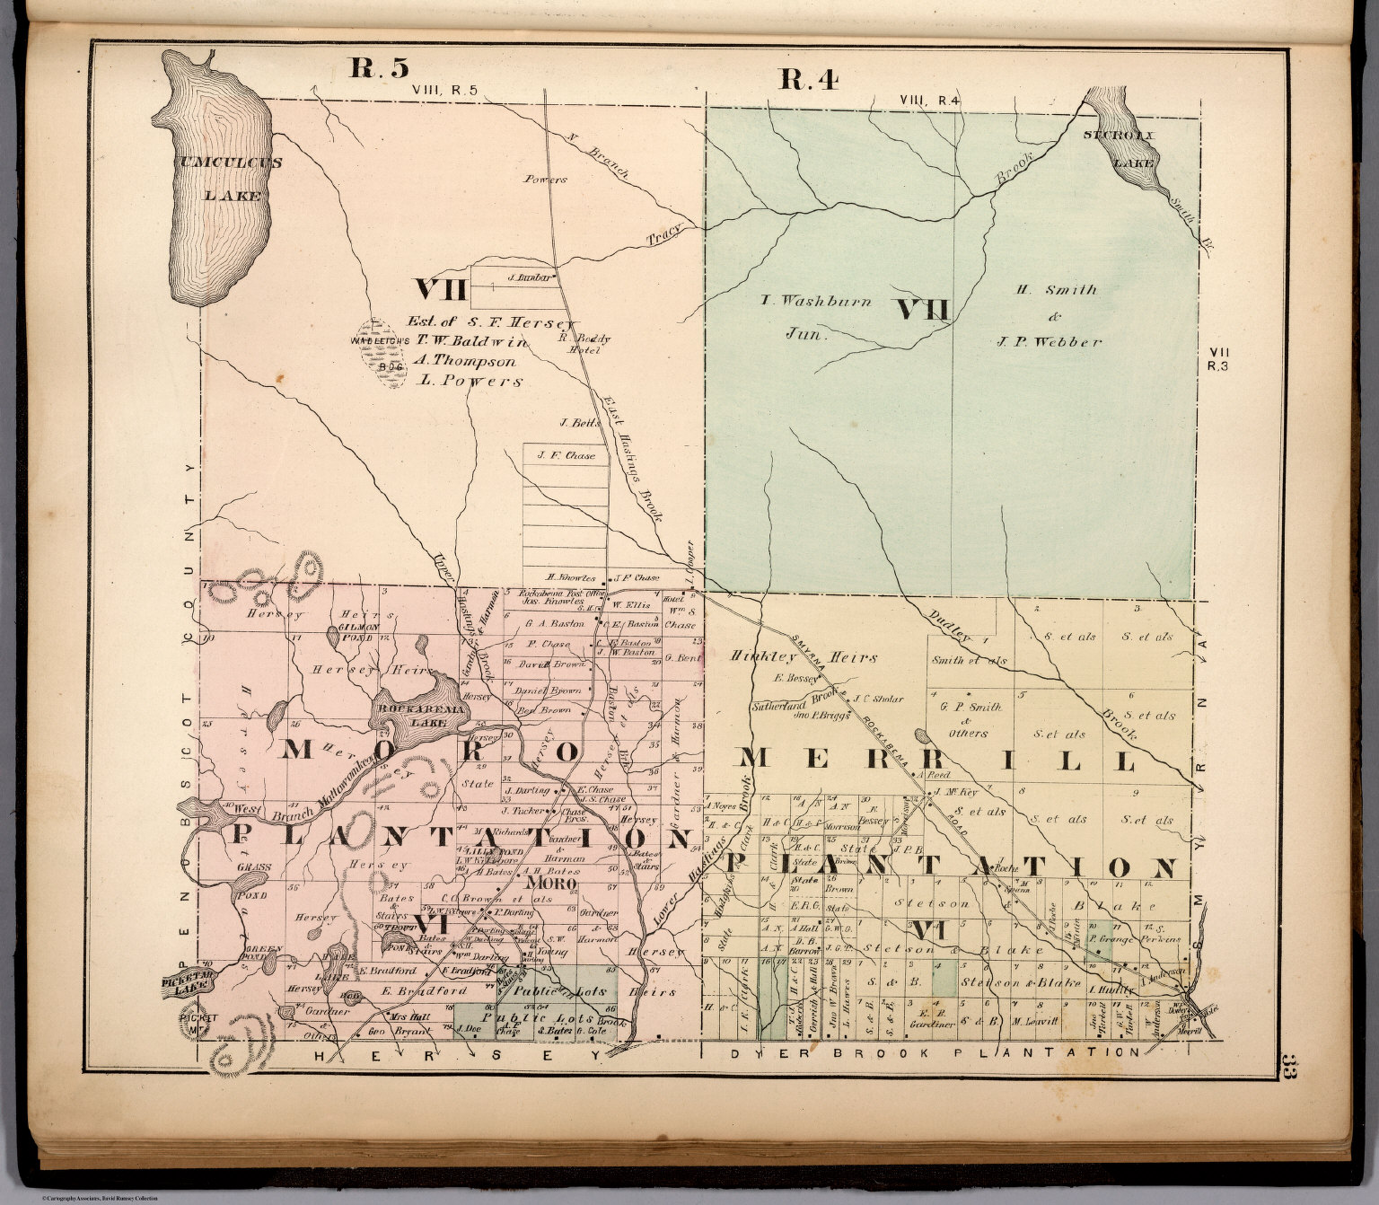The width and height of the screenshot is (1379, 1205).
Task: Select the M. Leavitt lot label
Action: click(x=1034, y=1021)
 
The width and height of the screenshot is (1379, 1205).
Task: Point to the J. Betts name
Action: click(x=573, y=422)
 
